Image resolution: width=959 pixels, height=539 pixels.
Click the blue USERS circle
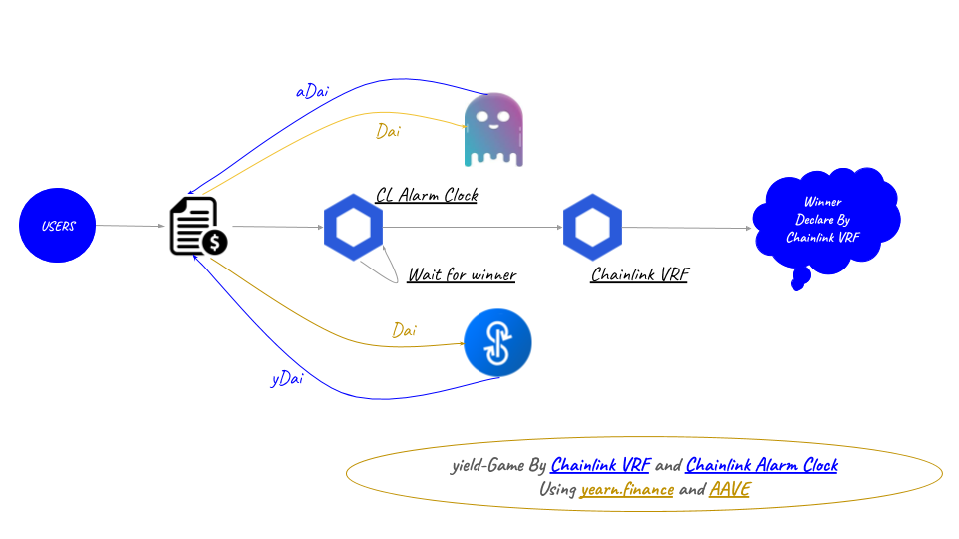[58, 226]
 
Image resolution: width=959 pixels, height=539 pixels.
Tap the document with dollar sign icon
[197, 226]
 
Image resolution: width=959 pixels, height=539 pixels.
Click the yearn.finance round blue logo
[497, 343]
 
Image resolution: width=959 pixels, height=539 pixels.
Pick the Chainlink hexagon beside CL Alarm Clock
[353, 226]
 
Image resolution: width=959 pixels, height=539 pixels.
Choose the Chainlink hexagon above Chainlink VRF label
[592, 226]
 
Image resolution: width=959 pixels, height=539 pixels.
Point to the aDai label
[312, 91]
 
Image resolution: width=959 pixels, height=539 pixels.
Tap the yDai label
[287, 379]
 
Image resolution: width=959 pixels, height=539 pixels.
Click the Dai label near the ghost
[390, 131]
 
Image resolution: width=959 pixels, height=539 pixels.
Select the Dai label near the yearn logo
[404, 329]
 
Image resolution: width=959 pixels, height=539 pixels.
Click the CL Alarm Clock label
[427, 195]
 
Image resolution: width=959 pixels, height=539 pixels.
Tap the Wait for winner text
[462, 274]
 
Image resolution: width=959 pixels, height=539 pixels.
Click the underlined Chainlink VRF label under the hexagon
[639, 274]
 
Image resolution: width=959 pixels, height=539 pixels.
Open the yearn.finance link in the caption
[627, 489]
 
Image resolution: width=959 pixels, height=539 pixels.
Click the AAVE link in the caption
[729, 489]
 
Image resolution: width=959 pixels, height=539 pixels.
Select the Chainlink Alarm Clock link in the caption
[762, 465]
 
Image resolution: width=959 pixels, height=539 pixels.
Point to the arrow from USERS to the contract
[132, 226]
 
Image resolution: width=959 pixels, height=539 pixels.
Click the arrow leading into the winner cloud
[689, 228]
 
